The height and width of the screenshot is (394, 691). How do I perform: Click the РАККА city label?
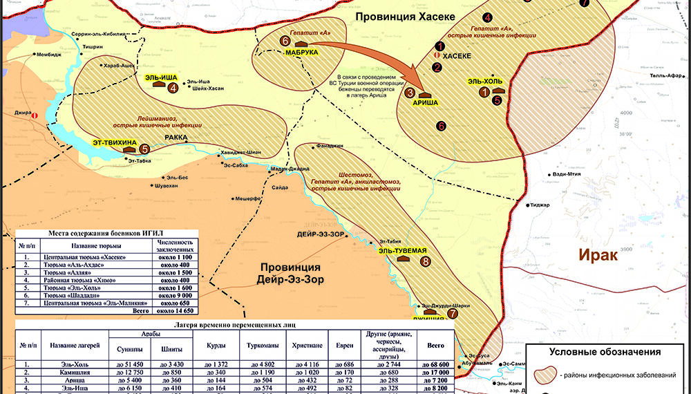pyautogui.click(x=176, y=138)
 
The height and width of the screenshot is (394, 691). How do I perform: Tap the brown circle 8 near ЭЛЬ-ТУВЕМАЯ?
pyautogui.click(x=425, y=261)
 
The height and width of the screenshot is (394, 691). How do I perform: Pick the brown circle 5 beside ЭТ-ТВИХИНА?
pyautogui.click(x=144, y=148)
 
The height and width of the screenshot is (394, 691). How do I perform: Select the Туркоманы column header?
pyautogui.click(x=258, y=344)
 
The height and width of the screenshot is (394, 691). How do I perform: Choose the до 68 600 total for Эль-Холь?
pyautogui.click(x=435, y=364)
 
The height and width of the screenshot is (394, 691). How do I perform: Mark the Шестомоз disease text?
pyautogui.click(x=357, y=174)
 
